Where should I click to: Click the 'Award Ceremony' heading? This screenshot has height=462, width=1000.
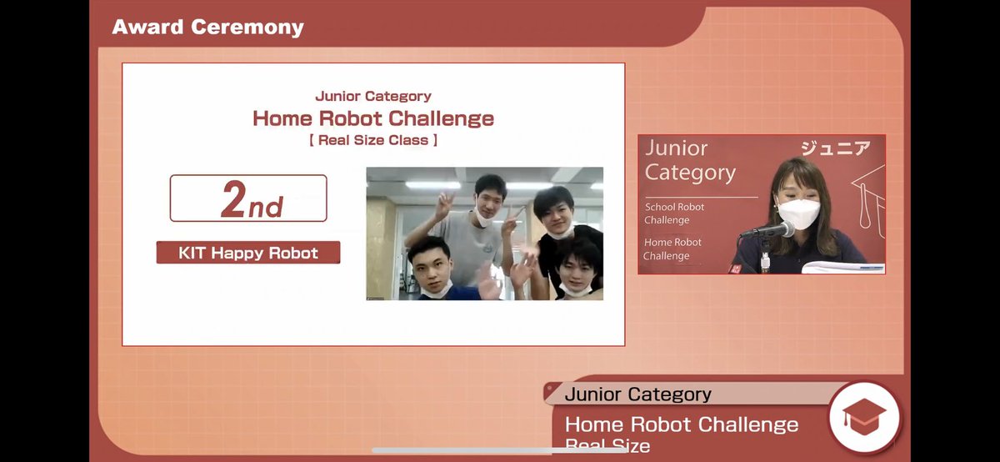point(207,27)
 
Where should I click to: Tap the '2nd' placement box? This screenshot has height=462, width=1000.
point(248,198)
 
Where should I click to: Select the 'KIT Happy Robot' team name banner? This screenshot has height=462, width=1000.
point(248,253)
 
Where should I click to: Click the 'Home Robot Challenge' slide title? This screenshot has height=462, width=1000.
point(372,118)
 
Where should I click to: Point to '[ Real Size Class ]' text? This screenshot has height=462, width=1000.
point(372,140)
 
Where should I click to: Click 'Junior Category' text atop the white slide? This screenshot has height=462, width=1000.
point(372,97)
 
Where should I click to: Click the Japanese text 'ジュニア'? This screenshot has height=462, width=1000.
point(835,148)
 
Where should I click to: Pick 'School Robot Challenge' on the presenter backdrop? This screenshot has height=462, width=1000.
point(673,213)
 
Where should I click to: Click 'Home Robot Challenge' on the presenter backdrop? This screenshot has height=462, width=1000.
point(672,249)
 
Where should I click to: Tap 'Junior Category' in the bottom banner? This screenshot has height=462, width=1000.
point(637,394)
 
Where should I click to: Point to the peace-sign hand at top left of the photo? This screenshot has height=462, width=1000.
point(444,204)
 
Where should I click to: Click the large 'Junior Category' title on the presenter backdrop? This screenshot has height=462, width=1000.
point(690,160)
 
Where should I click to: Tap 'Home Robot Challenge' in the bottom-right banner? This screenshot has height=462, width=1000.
point(681,424)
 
